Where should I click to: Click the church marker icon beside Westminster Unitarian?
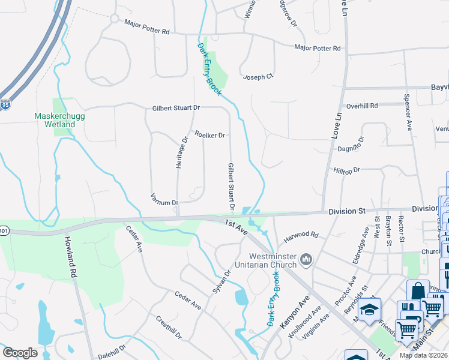coord(307,259)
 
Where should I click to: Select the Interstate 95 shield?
coord(5,105)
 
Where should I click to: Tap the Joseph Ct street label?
coord(258,77)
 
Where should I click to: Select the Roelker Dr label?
coord(209,135)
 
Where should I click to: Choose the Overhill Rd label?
coord(362,106)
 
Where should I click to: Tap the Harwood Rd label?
coord(301,236)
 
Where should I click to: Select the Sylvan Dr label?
coord(221,282)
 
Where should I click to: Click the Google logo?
coord(20,352)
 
